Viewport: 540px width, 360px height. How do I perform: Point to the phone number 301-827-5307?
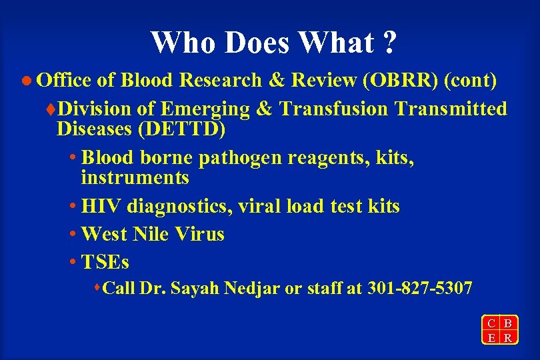420,289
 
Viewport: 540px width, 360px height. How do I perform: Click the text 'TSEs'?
105,262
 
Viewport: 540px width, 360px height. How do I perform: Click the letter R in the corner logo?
508,337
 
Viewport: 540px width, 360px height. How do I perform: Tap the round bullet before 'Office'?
27,81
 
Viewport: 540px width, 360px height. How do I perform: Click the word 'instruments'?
135,179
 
